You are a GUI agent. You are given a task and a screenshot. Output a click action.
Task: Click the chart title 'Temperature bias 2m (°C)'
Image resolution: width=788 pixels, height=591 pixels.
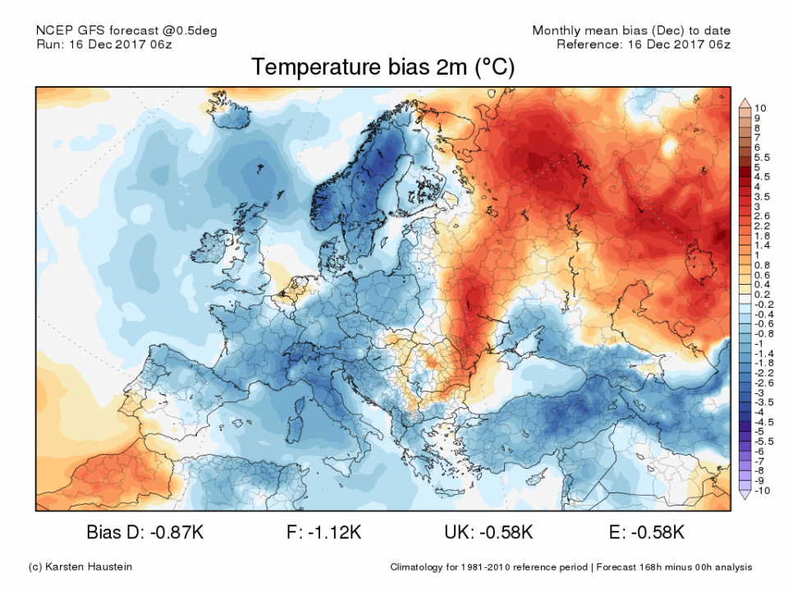[383, 67]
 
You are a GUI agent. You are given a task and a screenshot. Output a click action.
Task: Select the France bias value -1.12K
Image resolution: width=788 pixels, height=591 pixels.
[332, 533]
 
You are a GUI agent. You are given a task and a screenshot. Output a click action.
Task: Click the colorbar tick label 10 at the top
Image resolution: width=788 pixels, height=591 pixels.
[759, 108]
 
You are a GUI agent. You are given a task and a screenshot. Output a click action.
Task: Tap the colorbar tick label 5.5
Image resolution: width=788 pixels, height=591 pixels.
[761, 157]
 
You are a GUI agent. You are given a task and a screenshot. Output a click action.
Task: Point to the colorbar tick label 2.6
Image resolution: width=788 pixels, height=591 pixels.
[761, 215]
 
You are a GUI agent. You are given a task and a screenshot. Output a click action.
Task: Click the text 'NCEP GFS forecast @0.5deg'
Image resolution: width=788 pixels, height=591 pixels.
[127, 31]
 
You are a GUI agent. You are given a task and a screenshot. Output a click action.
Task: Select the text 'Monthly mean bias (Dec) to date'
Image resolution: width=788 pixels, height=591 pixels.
[630, 31]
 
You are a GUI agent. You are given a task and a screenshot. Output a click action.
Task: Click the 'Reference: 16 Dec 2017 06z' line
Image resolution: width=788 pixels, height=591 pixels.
[643, 44]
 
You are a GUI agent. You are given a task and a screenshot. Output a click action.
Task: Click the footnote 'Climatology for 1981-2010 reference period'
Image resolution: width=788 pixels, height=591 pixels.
[488, 567]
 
